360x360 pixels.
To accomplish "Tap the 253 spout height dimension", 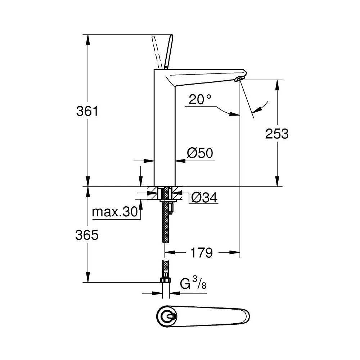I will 277,134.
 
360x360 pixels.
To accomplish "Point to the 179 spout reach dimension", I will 201,253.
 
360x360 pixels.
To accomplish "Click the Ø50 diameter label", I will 200,153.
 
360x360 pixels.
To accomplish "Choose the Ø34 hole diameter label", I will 204,197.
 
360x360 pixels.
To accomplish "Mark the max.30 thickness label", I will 115,212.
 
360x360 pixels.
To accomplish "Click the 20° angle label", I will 200,100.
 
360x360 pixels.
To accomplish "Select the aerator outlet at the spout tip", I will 238,78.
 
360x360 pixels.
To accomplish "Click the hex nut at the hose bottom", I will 166,280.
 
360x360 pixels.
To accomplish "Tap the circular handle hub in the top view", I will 167,317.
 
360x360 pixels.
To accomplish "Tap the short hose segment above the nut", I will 166,268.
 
